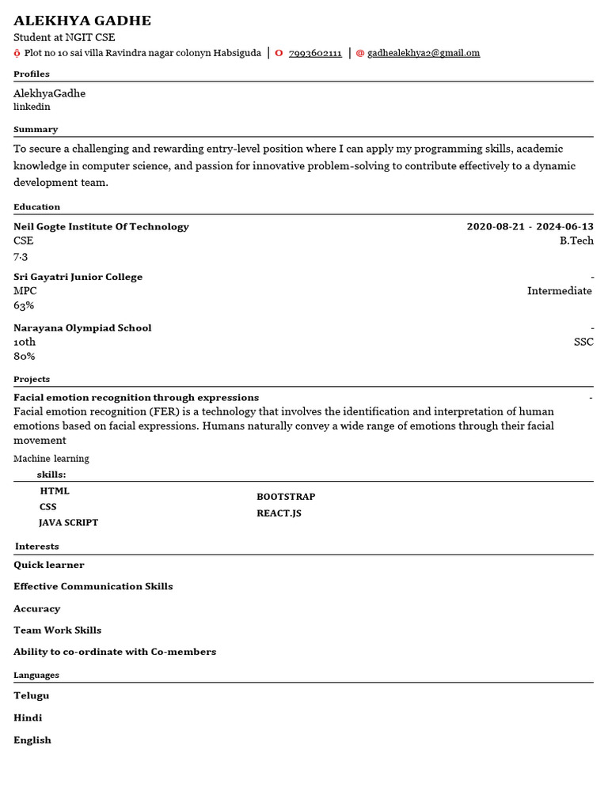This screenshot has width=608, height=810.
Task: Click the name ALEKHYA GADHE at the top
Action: (82, 21)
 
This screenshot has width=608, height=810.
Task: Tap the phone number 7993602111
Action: (315, 54)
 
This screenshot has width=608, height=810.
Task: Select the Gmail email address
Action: (424, 54)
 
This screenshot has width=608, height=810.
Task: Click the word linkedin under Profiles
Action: (32, 107)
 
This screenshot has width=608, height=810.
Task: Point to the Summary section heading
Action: (36, 129)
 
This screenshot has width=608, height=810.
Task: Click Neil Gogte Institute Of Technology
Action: (101, 227)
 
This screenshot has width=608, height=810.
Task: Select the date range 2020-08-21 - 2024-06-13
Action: (530, 227)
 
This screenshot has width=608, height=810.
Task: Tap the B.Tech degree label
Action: (576, 241)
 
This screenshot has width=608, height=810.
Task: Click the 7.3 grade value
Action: (21, 256)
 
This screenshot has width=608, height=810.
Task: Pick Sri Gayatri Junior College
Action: (78, 278)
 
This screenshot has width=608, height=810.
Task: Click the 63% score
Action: (24, 306)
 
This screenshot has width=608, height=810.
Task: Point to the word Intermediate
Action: (559, 291)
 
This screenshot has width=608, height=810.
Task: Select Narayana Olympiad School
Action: (82, 328)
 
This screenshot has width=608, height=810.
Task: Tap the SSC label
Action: (583, 343)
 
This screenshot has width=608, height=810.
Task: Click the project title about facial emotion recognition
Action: (136, 398)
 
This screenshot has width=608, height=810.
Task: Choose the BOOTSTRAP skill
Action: (286, 497)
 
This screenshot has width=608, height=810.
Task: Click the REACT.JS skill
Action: (279, 513)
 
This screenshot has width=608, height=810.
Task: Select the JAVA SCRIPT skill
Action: (69, 523)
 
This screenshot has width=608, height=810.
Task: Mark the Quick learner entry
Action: (49, 566)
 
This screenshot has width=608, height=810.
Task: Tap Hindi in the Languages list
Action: (28, 718)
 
